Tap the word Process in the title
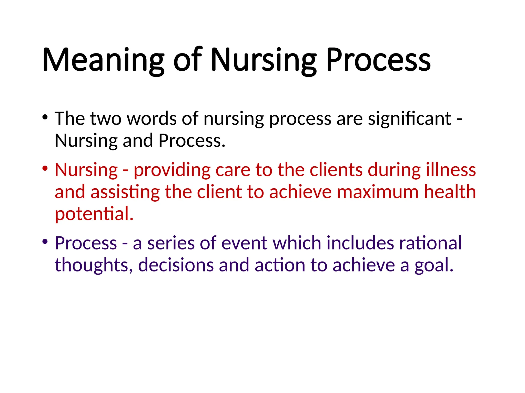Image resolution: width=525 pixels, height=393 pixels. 378,60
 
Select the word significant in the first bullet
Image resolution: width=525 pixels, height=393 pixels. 409,119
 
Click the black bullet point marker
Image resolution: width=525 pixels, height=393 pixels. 45,117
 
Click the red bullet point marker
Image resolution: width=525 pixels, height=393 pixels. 45,169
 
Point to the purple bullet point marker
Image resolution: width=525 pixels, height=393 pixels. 45,242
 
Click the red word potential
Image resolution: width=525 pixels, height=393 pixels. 94,214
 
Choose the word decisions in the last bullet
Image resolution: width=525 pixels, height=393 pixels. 176,265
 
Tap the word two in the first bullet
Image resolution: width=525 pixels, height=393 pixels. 106,119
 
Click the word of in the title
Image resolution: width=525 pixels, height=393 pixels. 188,60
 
